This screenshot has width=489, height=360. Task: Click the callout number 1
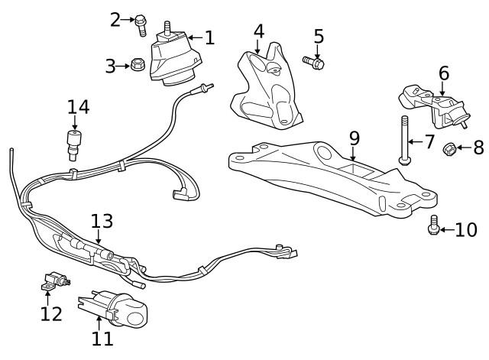point(209,36)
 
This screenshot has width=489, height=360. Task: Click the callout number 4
point(259,31)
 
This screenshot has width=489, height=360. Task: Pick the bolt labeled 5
point(314,61)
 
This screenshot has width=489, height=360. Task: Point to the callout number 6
point(443,73)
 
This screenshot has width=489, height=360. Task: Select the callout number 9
point(354,138)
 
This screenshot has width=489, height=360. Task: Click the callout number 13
point(102,222)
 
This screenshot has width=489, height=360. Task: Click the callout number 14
point(78,107)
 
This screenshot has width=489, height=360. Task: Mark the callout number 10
point(466,230)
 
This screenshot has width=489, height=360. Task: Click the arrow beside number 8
point(464,148)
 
